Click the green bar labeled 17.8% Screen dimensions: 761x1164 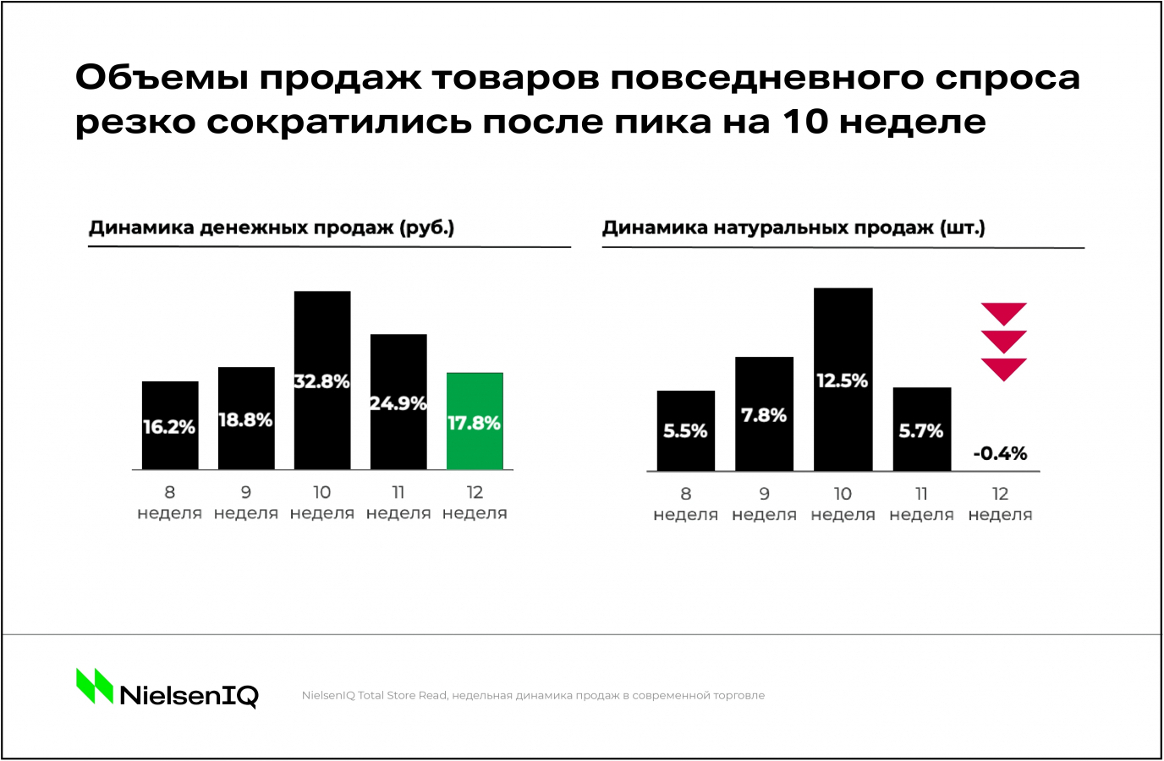point(475,421)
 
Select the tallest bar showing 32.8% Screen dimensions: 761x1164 point(322,380)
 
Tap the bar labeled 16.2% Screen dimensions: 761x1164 point(170,425)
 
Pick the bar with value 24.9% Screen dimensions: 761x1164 point(398,402)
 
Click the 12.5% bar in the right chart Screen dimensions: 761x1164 point(843,380)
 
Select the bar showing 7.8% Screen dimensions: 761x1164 point(764,413)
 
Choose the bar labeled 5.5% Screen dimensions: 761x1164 point(685,430)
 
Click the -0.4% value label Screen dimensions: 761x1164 point(1000,453)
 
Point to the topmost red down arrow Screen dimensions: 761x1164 point(1003,313)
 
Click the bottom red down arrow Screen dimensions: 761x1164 point(1003,369)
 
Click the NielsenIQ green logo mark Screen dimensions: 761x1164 point(94,686)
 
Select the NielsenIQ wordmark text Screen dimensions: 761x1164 point(189,696)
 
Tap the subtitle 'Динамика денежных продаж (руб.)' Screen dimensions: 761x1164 point(272,227)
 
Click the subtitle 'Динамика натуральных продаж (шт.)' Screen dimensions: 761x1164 point(793,227)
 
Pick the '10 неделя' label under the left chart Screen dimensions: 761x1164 point(322,502)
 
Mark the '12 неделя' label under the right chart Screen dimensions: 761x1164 point(1000,504)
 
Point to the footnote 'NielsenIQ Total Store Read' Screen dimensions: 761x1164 point(374,696)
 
